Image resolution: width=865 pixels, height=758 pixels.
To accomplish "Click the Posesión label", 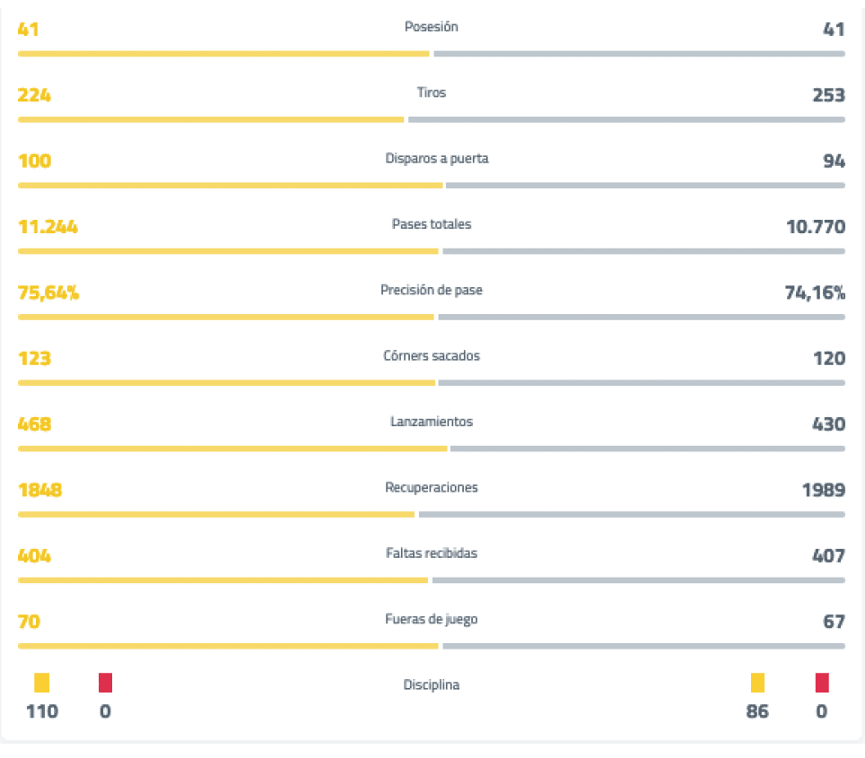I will pyautogui.click(x=432, y=27).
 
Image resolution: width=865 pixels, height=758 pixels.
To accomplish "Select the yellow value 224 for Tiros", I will pyautogui.click(x=34, y=94).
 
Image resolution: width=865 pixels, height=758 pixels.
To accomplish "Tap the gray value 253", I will pyautogui.click(x=828, y=94).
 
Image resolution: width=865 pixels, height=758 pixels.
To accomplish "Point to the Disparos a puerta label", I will pyautogui.click(x=437, y=159).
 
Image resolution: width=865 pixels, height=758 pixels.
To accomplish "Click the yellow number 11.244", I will pyautogui.click(x=48, y=226).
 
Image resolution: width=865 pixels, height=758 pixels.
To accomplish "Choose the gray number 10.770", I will pyautogui.click(x=815, y=226).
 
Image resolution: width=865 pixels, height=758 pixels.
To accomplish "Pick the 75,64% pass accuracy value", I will pyautogui.click(x=48, y=292).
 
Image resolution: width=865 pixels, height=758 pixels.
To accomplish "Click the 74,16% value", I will pyautogui.click(x=814, y=292).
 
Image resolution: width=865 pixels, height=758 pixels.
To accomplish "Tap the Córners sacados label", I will pyautogui.click(x=432, y=356).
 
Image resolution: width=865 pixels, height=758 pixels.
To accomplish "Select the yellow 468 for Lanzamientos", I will pyautogui.click(x=34, y=423).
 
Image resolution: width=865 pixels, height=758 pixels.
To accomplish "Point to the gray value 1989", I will pyautogui.click(x=823, y=490).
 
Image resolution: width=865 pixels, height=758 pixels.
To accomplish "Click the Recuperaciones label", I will pyautogui.click(x=432, y=488).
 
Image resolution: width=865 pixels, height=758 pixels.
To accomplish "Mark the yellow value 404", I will pyautogui.click(x=34, y=555).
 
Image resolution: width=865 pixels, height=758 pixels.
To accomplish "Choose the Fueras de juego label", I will pyautogui.click(x=432, y=620).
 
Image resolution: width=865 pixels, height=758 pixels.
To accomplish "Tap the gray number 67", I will pyautogui.click(x=834, y=622).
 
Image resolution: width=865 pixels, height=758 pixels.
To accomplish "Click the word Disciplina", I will pyautogui.click(x=432, y=685).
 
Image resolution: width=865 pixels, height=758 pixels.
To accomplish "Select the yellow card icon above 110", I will pyautogui.click(x=42, y=683).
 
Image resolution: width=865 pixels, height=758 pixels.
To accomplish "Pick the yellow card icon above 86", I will pyautogui.click(x=757, y=683).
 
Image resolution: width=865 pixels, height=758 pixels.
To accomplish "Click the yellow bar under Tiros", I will pyautogui.click(x=211, y=119).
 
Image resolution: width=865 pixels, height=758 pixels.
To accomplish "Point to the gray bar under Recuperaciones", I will pyautogui.click(x=632, y=514).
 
